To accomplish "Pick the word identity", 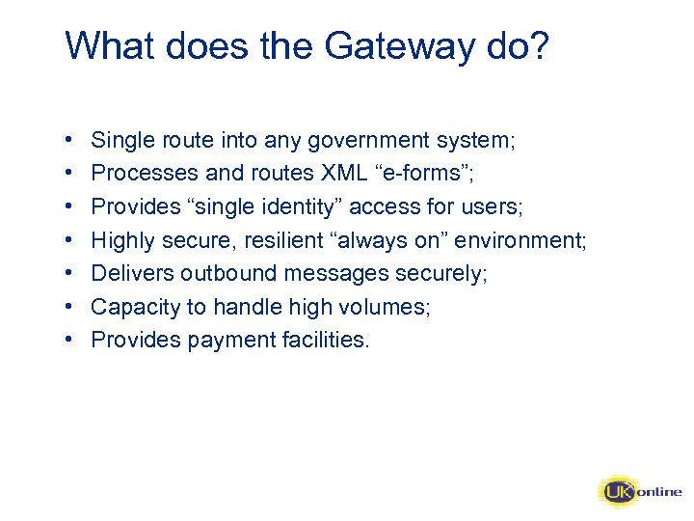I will [x=296, y=206].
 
